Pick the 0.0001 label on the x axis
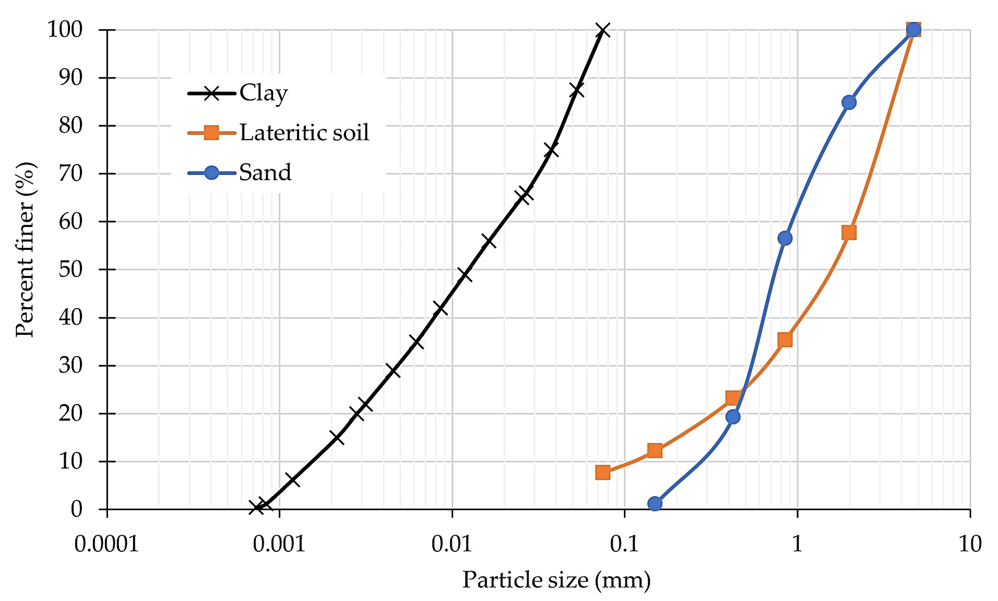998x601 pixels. pyautogui.click(x=106, y=544)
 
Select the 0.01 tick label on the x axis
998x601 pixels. pyautogui.click(x=452, y=544)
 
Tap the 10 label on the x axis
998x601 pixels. pyautogui.click(x=970, y=544)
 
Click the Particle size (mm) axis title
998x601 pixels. pyautogui.click(x=556, y=580)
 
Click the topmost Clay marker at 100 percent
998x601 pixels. pyautogui.click(x=603, y=30)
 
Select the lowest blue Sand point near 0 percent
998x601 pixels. pyautogui.click(x=655, y=503)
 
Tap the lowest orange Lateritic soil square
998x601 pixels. pyautogui.click(x=603, y=472)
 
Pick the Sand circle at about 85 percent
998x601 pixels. pyautogui.click(x=849, y=102)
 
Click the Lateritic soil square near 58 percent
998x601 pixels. pyautogui.click(x=849, y=232)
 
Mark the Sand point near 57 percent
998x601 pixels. pyautogui.click(x=785, y=238)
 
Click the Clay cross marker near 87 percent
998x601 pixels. pyautogui.click(x=576, y=90)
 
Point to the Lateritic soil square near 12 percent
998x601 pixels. pyautogui.click(x=655, y=450)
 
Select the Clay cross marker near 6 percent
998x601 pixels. pyautogui.click(x=292, y=480)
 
